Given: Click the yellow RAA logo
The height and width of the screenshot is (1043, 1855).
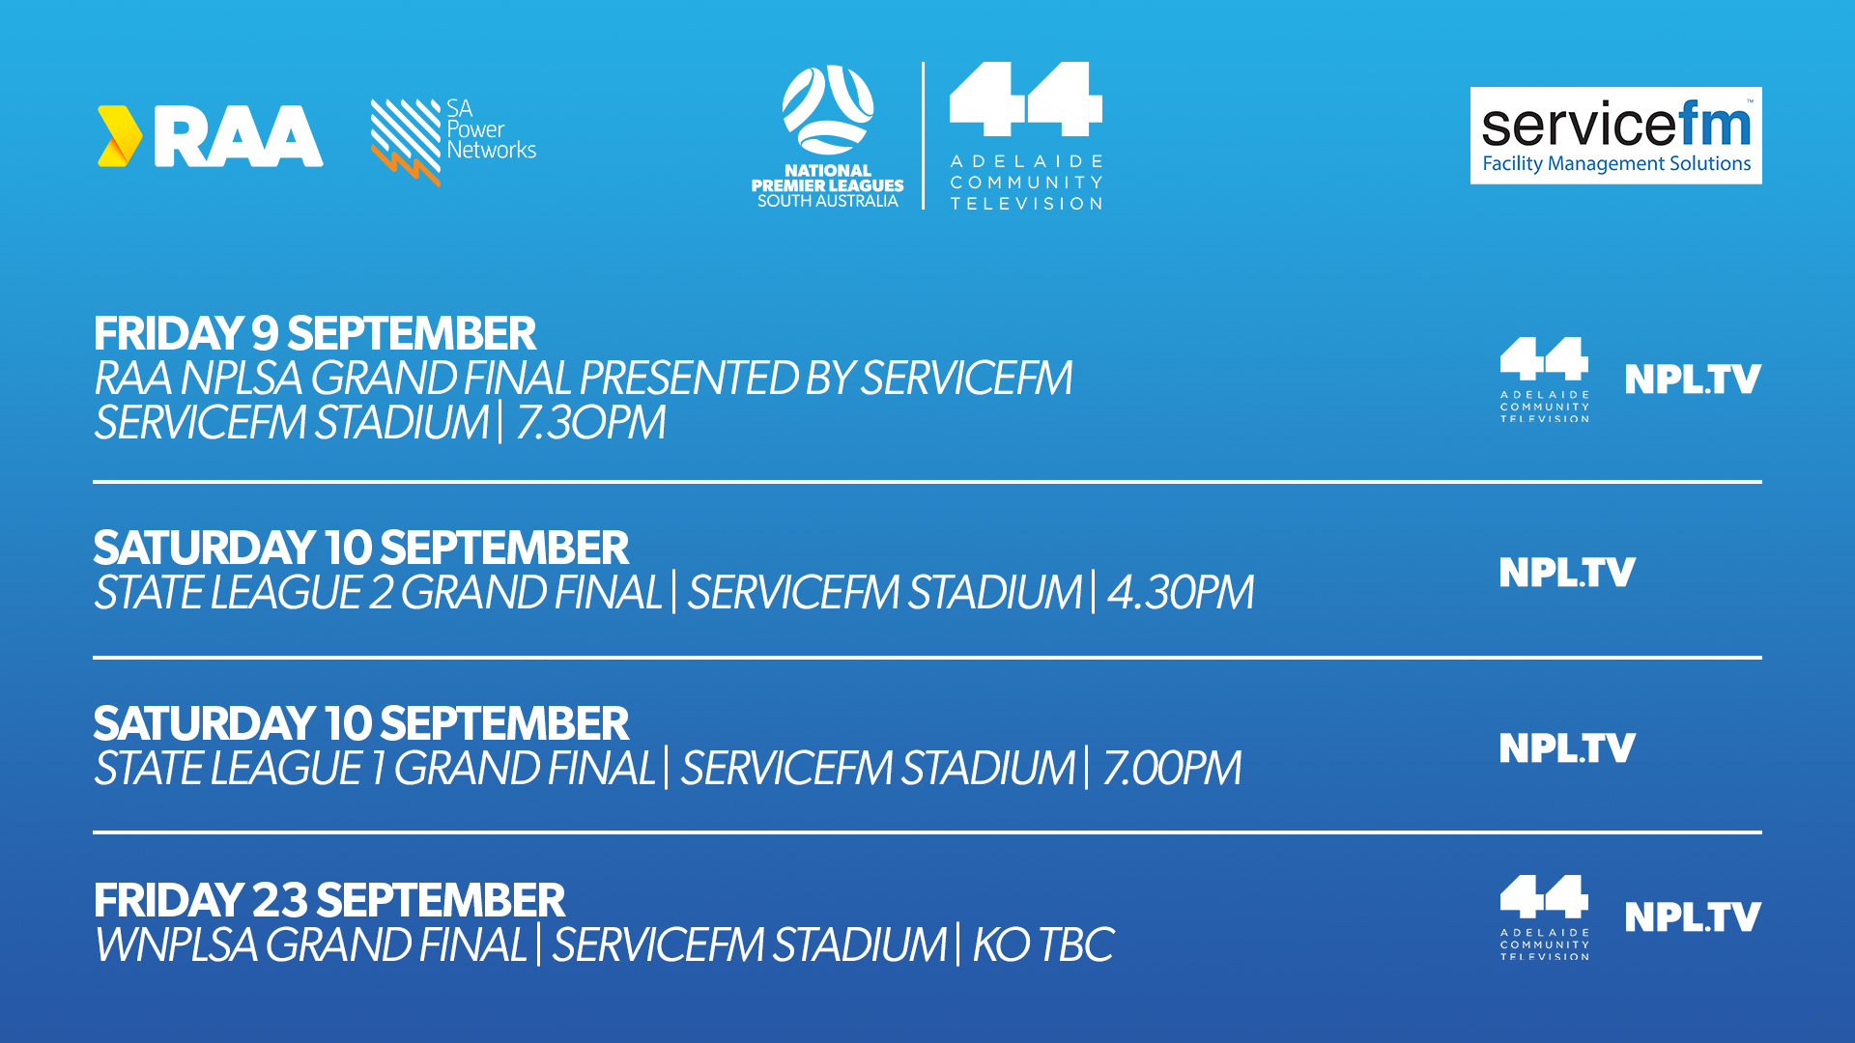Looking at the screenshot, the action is tap(211, 136).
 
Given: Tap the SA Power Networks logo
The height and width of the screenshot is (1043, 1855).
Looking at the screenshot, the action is tap(453, 142).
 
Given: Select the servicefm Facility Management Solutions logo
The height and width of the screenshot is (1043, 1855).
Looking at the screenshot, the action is tap(1615, 135).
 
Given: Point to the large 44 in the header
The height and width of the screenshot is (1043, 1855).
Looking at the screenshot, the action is tap(1026, 99).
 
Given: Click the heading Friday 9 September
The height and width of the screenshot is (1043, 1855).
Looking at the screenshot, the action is tap(315, 334).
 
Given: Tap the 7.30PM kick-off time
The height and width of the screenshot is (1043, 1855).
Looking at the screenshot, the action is tap(590, 423).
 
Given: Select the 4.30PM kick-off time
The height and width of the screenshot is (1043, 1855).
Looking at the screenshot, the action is tap(1181, 592).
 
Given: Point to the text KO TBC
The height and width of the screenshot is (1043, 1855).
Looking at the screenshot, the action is tap(1043, 944).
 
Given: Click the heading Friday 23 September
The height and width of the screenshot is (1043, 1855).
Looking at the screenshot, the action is tap(329, 901).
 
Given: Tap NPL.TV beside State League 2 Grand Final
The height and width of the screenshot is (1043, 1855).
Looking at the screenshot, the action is tap(1567, 573).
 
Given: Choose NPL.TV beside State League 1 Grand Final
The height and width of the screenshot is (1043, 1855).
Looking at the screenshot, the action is tap(1567, 748).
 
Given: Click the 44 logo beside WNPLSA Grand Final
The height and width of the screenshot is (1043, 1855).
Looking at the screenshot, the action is tap(1544, 917).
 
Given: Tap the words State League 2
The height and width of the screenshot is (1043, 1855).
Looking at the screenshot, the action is tap(243, 592).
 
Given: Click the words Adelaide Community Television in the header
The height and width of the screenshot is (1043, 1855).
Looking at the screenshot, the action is tap(1026, 183).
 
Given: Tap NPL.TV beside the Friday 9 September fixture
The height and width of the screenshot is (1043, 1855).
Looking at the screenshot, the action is tap(1693, 380).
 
